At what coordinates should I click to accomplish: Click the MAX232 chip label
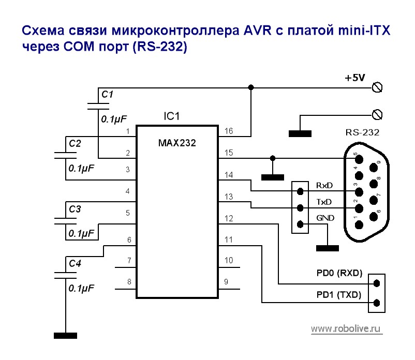(177, 143)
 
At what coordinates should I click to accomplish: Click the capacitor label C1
(107, 95)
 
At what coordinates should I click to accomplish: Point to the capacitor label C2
(75, 144)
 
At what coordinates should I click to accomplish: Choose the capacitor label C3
(75, 209)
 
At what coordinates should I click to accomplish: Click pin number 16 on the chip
(229, 131)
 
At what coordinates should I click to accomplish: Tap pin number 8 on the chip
(127, 282)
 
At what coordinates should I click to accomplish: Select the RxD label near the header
(324, 185)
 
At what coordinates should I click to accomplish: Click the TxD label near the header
(324, 202)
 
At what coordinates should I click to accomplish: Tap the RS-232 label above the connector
(362, 132)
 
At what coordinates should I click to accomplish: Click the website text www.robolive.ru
(346, 328)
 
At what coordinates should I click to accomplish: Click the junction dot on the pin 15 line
(273, 158)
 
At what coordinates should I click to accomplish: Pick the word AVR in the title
(256, 31)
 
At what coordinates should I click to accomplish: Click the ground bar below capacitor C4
(66, 336)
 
